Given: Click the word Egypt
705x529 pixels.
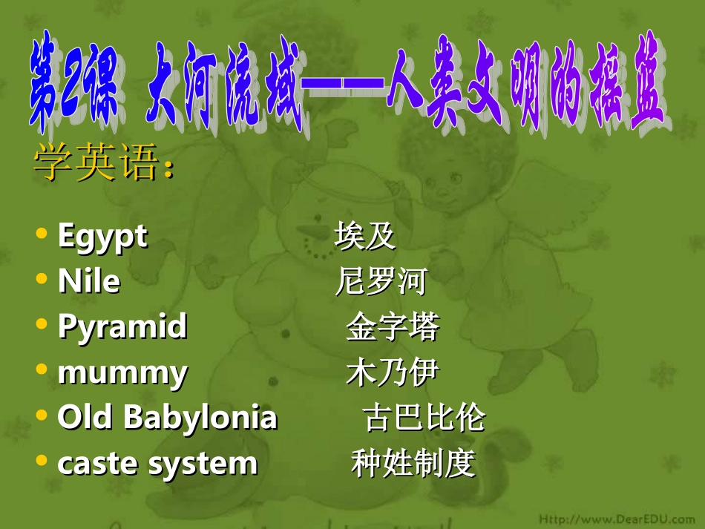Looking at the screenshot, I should click(102, 237).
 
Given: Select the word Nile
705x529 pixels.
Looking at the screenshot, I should click(88, 282).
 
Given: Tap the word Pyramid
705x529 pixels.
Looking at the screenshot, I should click(122, 326).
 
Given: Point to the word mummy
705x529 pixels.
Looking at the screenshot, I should click(122, 372).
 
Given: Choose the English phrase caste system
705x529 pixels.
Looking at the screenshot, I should click(157, 464).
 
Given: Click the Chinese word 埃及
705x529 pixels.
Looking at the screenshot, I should click(365, 237).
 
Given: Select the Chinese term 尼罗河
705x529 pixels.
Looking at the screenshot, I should click(381, 282).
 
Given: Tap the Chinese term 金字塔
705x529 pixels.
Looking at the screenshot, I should click(393, 327).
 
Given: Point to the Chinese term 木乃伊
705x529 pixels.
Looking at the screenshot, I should click(393, 372).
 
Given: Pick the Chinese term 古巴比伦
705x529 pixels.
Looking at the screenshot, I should click(424, 418).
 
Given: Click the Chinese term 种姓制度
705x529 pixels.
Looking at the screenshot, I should click(413, 464).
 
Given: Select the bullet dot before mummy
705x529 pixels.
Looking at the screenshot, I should click(42, 369).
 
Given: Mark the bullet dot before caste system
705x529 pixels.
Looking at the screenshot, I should click(42, 461).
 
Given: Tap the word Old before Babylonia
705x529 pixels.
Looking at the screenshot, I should click(88, 418).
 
